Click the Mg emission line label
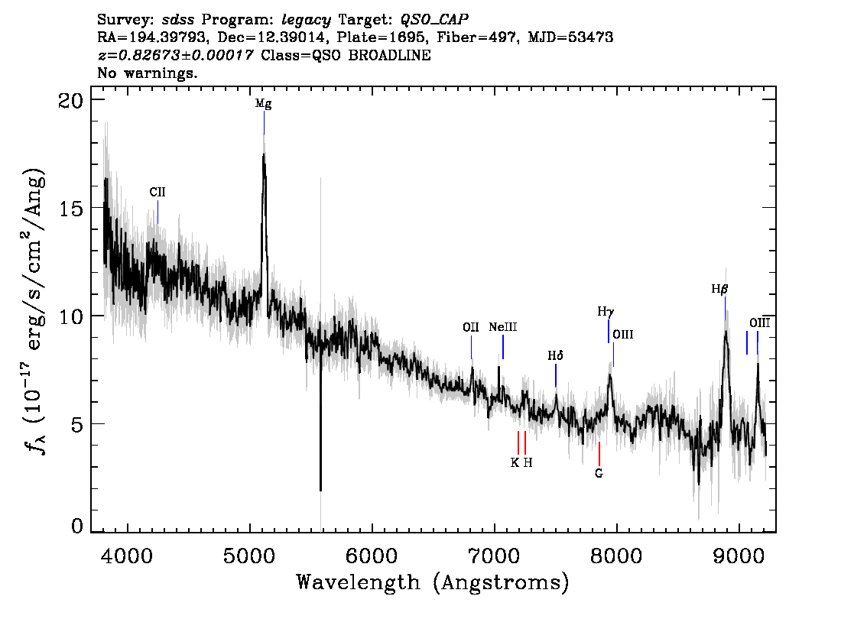(263, 103)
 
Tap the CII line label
(157, 193)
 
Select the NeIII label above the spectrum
(502, 327)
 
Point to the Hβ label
(719, 289)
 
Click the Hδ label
(555, 355)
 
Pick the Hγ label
(606, 313)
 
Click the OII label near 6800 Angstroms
(470, 327)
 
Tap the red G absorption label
(599, 474)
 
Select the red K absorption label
(515, 462)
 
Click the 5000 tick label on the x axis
(249, 556)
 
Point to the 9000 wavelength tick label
(739, 556)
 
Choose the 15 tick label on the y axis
(71, 209)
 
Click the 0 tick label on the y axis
(77, 526)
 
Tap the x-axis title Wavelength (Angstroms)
(433, 582)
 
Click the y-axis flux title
(34, 310)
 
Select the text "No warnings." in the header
(147, 73)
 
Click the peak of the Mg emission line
(264, 154)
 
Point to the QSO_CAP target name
(434, 20)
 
